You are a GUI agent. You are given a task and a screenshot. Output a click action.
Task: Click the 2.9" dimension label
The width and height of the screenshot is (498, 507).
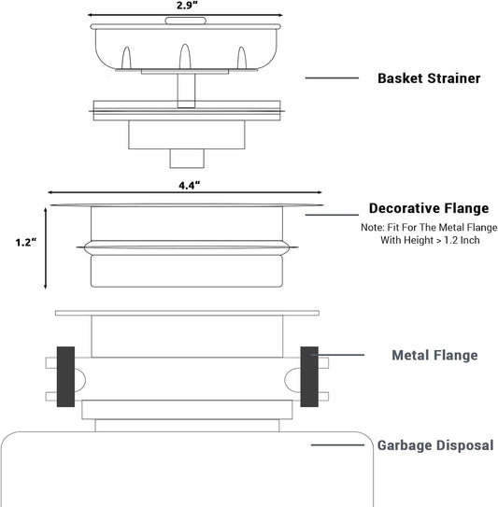[187, 6]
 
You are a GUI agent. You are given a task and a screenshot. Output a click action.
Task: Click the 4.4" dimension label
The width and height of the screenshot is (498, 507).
[190, 186]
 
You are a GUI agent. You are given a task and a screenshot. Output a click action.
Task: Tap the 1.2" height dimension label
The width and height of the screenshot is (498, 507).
[26, 242]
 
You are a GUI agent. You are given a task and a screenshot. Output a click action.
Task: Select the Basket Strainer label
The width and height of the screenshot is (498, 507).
[429, 78]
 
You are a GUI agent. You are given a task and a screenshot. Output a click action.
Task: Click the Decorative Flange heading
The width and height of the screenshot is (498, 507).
[429, 208]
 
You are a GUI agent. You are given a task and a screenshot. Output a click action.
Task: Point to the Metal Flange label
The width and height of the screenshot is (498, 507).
[434, 355]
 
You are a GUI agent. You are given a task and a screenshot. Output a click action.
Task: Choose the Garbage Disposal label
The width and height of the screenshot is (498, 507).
[435, 445]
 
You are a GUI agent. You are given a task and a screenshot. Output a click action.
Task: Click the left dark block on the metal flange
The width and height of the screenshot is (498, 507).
[65, 376]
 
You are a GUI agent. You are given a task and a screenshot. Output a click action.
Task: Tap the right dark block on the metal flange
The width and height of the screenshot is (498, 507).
[309, 376]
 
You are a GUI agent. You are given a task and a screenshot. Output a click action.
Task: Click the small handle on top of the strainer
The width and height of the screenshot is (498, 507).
[185, 21]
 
